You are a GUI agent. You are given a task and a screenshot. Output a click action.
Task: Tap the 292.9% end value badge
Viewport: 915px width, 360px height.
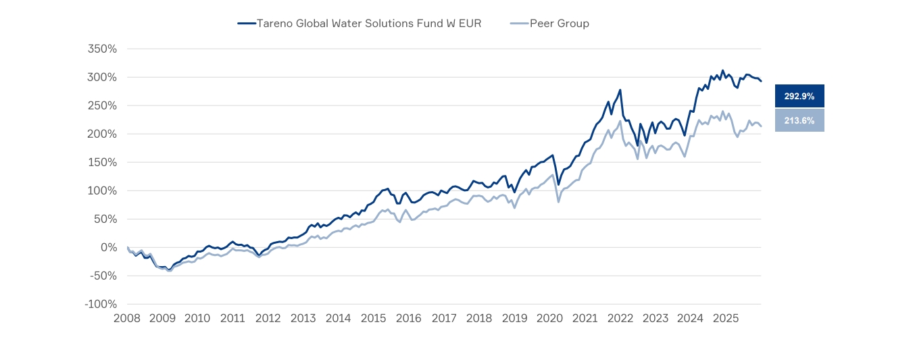(x=799, y=97)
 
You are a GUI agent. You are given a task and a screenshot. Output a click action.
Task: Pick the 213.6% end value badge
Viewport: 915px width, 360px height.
(x=799, y=121)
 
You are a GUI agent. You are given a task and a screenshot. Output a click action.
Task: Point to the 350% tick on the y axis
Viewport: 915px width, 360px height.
(x=103, y=49)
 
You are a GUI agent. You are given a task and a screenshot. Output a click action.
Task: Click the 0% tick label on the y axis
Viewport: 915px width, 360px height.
(x=109, y=248)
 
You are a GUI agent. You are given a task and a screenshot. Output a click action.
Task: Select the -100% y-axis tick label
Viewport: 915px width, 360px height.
(x=101, y=305)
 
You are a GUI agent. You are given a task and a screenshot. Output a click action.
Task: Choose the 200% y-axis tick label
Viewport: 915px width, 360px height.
(x=103, y=134)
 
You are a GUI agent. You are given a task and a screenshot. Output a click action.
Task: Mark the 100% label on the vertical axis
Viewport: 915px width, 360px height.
(x=103, y=191)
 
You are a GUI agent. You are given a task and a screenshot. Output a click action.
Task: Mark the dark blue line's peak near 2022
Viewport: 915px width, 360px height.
(x=620, y=90)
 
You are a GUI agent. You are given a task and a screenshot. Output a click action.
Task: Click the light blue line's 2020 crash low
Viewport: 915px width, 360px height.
(x=558, y=202)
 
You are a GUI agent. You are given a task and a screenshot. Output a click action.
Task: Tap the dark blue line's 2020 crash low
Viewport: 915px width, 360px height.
(x=559, y=184)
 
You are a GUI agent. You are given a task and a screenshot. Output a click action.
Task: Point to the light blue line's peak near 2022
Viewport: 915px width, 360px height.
(x=620, y=121)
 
